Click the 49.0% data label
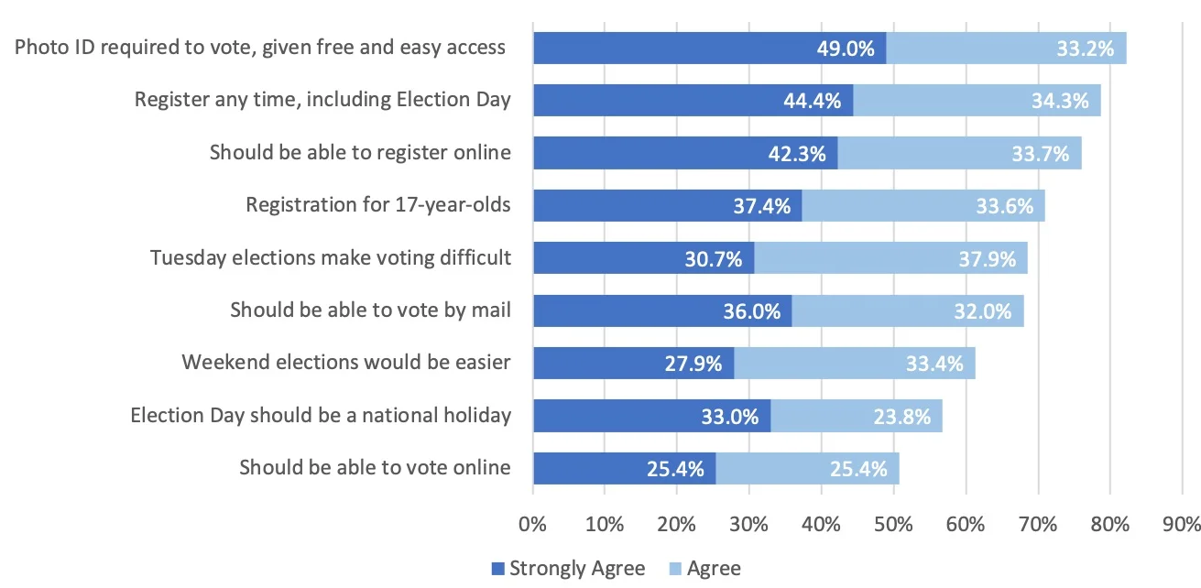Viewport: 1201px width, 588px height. point(846,49)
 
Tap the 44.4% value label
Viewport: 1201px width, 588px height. point(812,101)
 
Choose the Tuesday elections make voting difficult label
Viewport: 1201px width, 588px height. point(330,257)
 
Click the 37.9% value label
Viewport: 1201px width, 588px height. point(987,259)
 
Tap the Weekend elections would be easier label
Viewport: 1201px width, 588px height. point(345,362)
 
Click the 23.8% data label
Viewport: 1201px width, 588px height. point(901,417)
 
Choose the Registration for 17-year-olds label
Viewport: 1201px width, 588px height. point(377,205)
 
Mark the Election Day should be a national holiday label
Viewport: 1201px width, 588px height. point(321,415)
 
